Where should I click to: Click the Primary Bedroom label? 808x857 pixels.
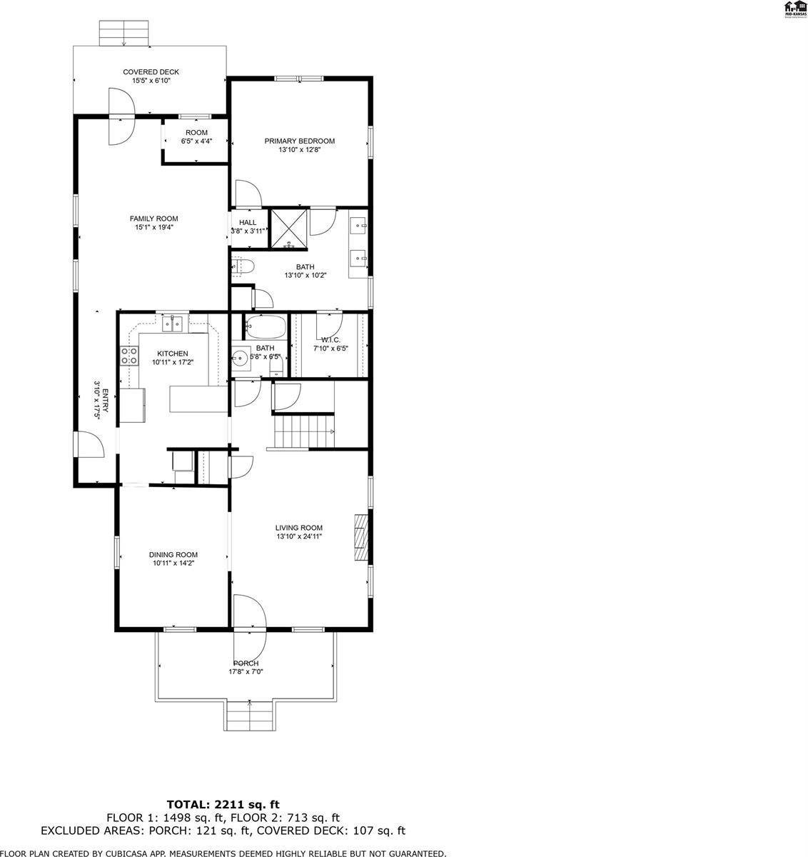click(299, 141)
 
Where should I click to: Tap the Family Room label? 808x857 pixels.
click(153, 219)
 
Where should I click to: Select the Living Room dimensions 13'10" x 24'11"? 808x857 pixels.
click(299, 536)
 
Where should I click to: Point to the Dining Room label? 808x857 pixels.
click(173, 554)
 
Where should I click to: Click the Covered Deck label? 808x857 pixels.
click(151, 72)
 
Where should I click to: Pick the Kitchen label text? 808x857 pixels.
click(173, 354)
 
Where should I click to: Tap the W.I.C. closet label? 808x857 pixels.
click(330, 339)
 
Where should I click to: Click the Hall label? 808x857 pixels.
click(248, 222)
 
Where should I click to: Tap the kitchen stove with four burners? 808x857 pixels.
click(129, 356)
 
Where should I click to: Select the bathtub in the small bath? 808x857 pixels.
click(266, 328)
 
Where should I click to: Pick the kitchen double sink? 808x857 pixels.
click(172, 326)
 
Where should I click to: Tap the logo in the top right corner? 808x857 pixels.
click(795, 9)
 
